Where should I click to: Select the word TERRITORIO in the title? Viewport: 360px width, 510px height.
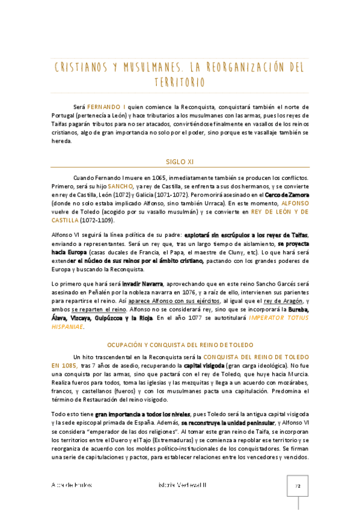pyautogui.click(x=179, y=81)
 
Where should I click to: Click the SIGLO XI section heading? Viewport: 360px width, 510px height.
pyautogui.click(x=180, y=161)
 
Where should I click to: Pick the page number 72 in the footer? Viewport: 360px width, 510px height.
pyautogui.click(x=297, y=485)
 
